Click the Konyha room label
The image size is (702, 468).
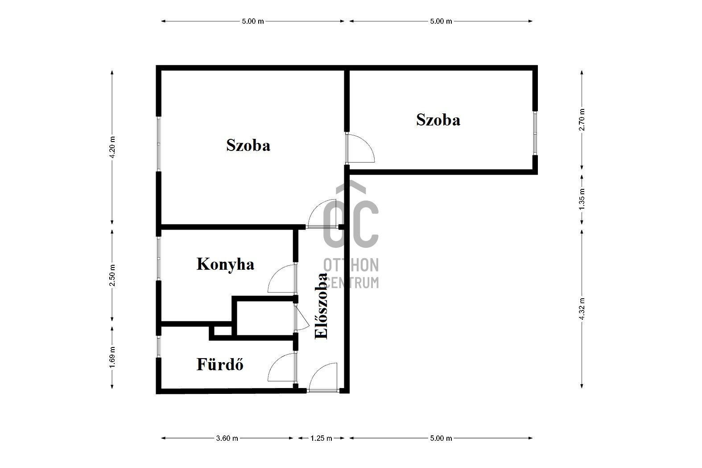[225, 265]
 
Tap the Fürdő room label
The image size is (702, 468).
[220, 364]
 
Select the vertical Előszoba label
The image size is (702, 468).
[321, 306]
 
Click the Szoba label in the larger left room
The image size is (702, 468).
[248, 145]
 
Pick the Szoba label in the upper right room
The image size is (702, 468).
[438, 120]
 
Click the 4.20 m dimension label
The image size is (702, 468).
[112, 147]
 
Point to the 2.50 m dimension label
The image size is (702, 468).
[112, 275]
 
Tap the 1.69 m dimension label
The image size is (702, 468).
[112, 357]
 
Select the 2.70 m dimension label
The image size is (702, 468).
[582, 120]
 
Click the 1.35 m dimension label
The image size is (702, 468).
[582, 199]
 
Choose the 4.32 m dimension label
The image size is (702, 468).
[582, 309]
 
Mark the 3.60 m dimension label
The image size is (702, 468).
[227, 438]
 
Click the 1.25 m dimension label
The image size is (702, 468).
[321, 438]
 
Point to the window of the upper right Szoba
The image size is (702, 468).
[535, 133]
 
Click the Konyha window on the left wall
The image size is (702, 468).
[159, 258]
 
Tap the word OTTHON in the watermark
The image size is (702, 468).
[351, 265]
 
